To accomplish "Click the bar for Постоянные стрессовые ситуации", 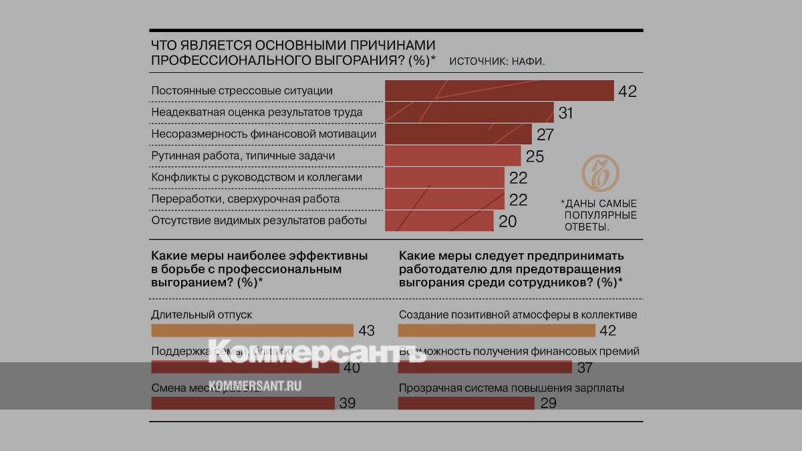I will point(499,91).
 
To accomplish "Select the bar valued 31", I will point(469,113).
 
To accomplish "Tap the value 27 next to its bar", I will point(545,134).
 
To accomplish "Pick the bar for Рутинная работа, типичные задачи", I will point(452,156).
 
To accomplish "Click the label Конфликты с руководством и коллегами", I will point(257,177).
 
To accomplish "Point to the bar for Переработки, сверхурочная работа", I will point(444,199).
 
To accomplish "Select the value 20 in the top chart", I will point(508,221).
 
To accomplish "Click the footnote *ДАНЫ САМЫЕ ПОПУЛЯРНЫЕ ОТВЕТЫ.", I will point(599,214).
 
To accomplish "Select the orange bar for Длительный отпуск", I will point(252,330).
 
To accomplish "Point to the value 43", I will point(366,331).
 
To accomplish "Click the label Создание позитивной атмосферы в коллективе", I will point(518,314).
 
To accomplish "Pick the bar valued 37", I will point(485,367).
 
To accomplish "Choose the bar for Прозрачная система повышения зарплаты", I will point(466,403).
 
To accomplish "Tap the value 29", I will point(547,404).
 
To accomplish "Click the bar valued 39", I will point(243,403).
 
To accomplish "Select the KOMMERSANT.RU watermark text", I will point(255,386).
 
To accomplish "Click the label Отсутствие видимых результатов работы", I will point(259,220).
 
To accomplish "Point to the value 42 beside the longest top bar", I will point(628,92).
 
